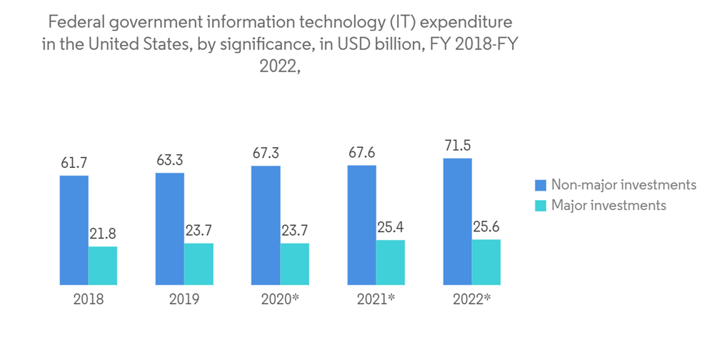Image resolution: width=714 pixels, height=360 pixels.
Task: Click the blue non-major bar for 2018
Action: click(x=74, y=230)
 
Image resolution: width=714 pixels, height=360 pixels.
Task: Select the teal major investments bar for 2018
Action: click(x=103, y=266)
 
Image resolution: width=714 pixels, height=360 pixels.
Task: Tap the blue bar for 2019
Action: click(x=169, y=229)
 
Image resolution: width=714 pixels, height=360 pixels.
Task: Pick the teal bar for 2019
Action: click(x=198, y=264)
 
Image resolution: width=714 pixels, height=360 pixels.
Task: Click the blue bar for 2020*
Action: click(x=265, y=225)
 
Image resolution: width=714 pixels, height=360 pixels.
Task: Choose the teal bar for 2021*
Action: click(x=390, y=262)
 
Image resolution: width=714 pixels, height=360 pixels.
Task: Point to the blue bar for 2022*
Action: click(x=457, y=221)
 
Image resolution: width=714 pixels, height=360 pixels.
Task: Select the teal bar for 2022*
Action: click(x=486, y=262)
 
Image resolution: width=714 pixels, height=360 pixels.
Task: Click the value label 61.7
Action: click(x=74, y=164)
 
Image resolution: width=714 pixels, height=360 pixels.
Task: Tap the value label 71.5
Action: click(x=457, y=146)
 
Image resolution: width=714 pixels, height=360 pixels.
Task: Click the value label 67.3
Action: click(x=265, y=154)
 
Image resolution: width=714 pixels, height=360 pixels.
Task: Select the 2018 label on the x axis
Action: click(x=88, y=299)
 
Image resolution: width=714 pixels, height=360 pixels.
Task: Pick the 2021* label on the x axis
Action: click(x=376, y=299)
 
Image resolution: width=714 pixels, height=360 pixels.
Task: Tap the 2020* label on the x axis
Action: click(x=281, y=299)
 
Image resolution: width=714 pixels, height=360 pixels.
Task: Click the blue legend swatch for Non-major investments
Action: click(x=540, y=186)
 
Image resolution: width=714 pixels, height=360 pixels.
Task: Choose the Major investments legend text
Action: click(x=608, y=205)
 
